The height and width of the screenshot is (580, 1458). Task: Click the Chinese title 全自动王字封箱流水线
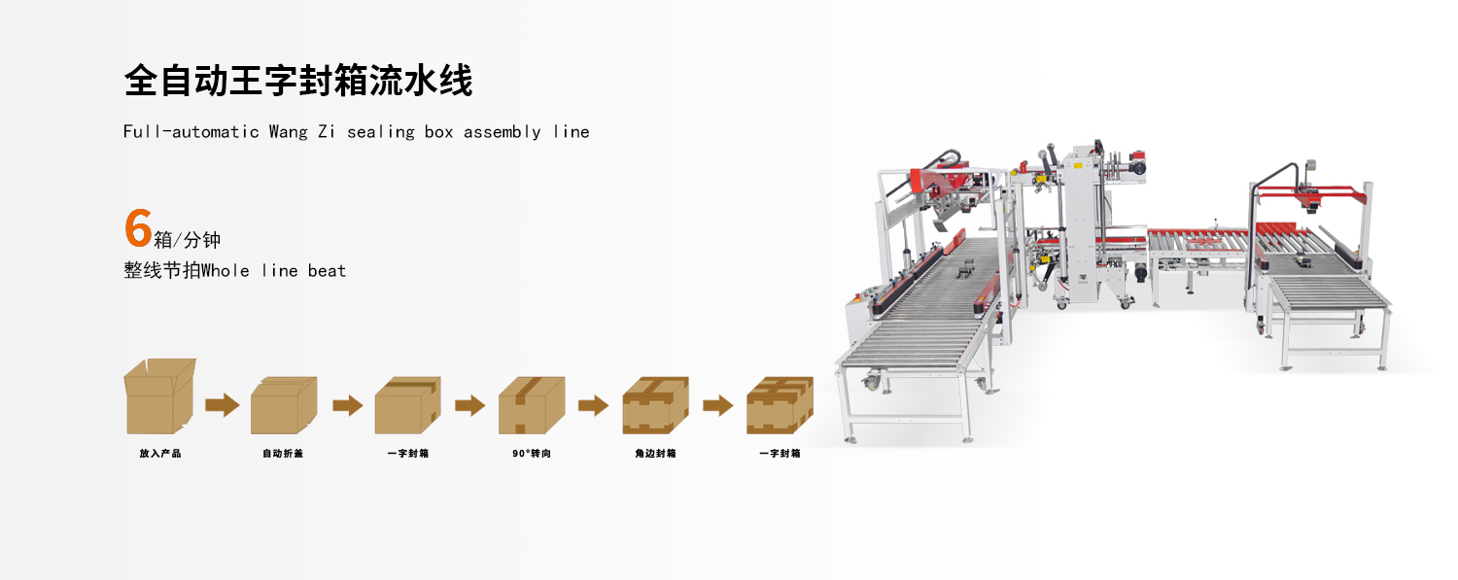tap(298, 81)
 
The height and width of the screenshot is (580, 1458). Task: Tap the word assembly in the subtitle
tap(502, 131)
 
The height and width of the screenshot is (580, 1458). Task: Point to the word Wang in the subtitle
tap(288, 131)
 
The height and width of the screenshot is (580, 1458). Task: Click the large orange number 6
tap(138, 228)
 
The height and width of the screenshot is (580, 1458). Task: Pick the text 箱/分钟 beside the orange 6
tap(188, 240)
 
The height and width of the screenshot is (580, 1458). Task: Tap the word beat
tap(327, 271)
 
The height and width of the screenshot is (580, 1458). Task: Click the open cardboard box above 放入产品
tap(160, 396)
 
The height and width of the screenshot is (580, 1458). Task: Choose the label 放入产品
tap(160, 454)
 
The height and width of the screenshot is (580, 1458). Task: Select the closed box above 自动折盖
tap(284, 405)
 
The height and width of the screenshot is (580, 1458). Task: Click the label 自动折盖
tap(283, 454)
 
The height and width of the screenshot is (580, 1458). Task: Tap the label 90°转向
tap(532, 454)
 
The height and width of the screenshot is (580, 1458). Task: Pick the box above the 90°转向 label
tap(532, 405)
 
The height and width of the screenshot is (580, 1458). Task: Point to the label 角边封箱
tap(655, 454)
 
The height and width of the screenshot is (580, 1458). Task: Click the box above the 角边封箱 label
tap(655, 405)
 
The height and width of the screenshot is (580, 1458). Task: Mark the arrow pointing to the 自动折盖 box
tap(222, 405)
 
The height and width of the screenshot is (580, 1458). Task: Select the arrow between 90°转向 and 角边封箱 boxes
tap(593, 405)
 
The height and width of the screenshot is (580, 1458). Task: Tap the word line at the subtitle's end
tap(572, 131)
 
